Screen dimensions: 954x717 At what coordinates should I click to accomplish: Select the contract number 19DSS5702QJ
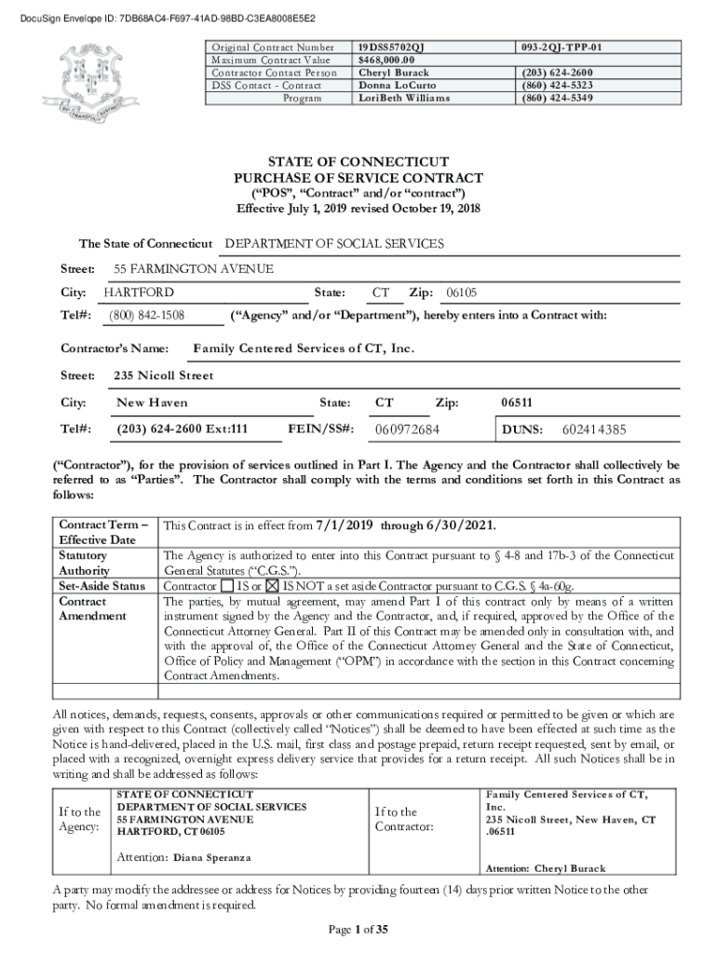(398, 47)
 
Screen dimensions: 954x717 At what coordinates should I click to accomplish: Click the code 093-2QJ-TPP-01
(561, 47)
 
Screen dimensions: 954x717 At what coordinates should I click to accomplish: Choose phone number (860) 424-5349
(557, 98)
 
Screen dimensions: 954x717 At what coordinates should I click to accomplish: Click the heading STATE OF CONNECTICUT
(358, 161)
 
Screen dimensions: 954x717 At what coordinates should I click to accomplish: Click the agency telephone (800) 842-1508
(146, 316)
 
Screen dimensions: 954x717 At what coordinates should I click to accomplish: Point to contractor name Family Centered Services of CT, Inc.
(303, 348)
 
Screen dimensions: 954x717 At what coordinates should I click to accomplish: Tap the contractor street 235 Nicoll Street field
(163, 375)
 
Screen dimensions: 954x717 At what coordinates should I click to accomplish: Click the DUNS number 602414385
(594, 429)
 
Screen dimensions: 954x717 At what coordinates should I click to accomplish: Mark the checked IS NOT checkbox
(273, 587)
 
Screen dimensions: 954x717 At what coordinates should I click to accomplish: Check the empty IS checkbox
(227, 587)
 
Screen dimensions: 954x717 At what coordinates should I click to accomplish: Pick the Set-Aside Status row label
(101, 586)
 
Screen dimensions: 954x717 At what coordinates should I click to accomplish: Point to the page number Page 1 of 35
(358, 929)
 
